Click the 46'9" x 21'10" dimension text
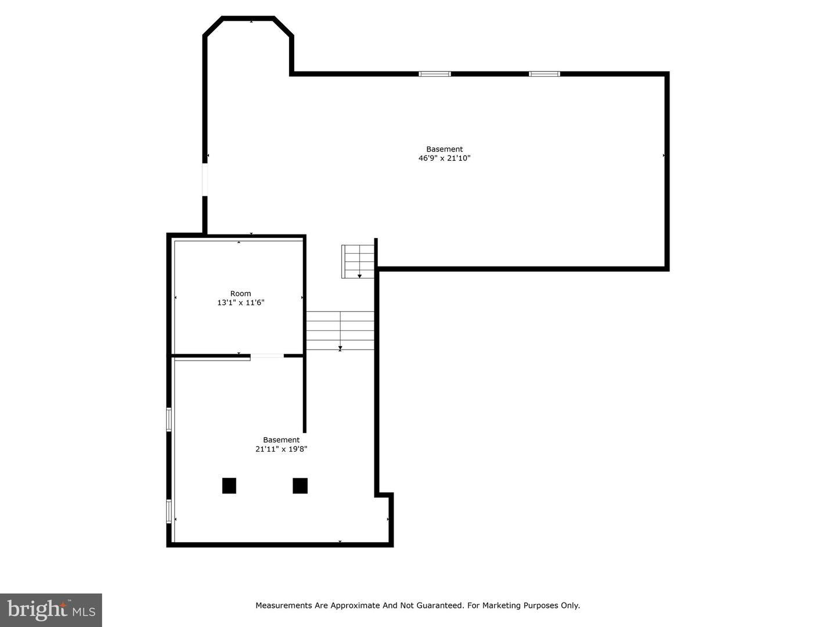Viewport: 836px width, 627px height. coord(444,158)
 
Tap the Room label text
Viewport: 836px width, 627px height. coord(240,294)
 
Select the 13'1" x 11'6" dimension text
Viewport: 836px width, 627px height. coord(240,302)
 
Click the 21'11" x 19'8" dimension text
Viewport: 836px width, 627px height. coord(281,449)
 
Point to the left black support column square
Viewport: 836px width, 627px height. coord(229,485)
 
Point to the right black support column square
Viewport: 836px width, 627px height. coord(300,485)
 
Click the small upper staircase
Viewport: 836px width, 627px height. coord(358,261)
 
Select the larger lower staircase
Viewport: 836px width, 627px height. coord(340,331)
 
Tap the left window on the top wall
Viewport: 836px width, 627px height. coord(435,74)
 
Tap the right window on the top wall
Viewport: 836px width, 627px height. coord(545,74)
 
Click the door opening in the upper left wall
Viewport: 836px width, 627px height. coord(205,179)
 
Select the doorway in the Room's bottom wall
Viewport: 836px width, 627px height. coord(267,355)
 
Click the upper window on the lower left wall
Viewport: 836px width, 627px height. coord(169,419)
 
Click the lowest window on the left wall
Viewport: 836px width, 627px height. coord(169,511)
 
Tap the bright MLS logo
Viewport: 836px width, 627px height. coord(51,610)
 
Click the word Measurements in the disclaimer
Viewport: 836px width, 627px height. coord(283,606)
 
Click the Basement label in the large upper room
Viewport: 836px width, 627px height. coord(444,149)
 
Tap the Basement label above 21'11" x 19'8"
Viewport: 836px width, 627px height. coord(281,440)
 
